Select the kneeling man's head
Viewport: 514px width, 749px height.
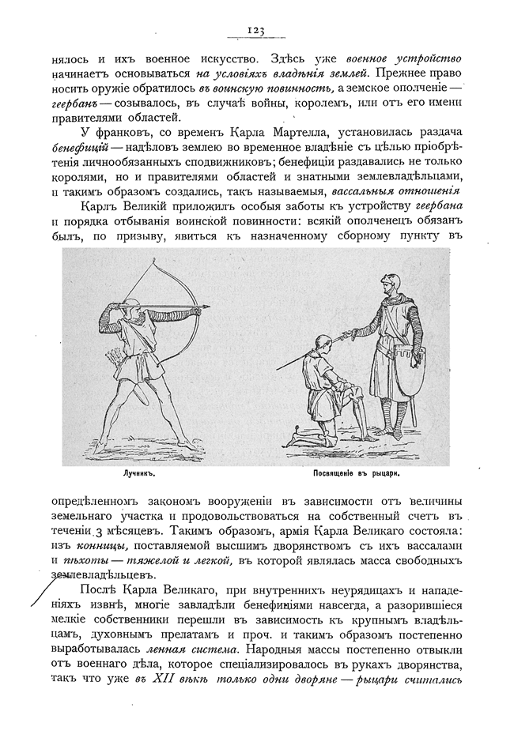pyautogui.click(x=321, y=343)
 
